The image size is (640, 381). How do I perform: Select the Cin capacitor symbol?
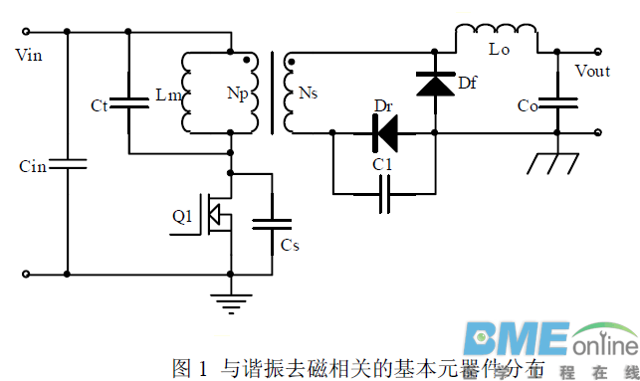pyautogui.click(x=67, y=161)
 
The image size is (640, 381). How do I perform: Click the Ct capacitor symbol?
pyautogui.click(x=128, y=101)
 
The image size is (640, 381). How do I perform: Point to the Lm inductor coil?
pyautogui.click(x=189, y=93)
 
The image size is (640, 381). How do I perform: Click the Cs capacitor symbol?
pyautogui.click(x=271, y=225)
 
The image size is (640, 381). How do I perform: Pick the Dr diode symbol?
pyautogui.click(x=384, y=130)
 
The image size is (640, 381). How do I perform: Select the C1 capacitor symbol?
pyautogui.click(x=384, y=196)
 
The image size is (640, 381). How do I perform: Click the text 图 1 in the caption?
pyautogui.click(x=189, y=368)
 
